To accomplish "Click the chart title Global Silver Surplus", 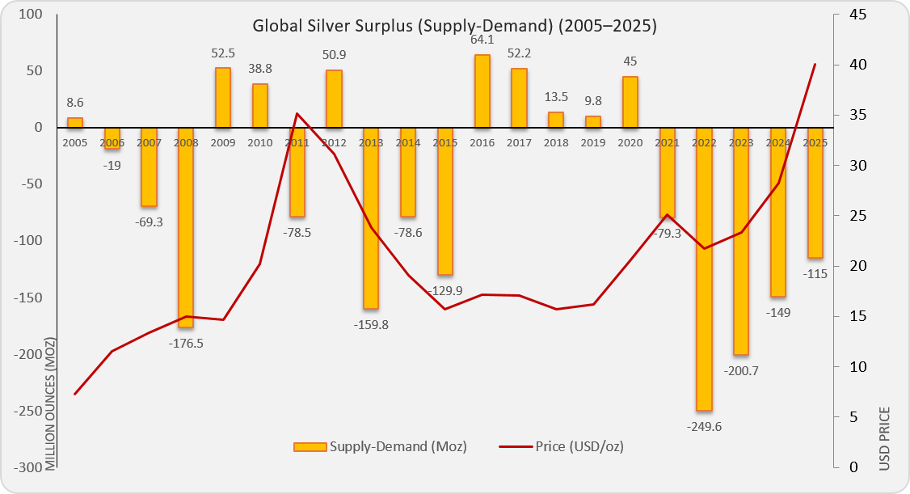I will tap(454, 25).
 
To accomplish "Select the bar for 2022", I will tap(704, 269).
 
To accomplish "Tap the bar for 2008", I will tap(186, 227).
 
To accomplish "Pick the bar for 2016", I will tap(482, 91).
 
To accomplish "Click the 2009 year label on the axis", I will tap(222, 142).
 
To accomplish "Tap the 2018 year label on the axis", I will tap(555, 142).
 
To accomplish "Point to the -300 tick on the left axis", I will tap(28, 467).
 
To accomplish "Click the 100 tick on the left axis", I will tap(31, 15).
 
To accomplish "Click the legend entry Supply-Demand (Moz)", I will tap(380, 446).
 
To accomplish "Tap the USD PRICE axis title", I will tap(884, 438).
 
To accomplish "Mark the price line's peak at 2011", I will tap(297, 113).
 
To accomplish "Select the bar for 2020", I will tap(630, 102).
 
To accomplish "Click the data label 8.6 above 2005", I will tap(74, 103).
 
